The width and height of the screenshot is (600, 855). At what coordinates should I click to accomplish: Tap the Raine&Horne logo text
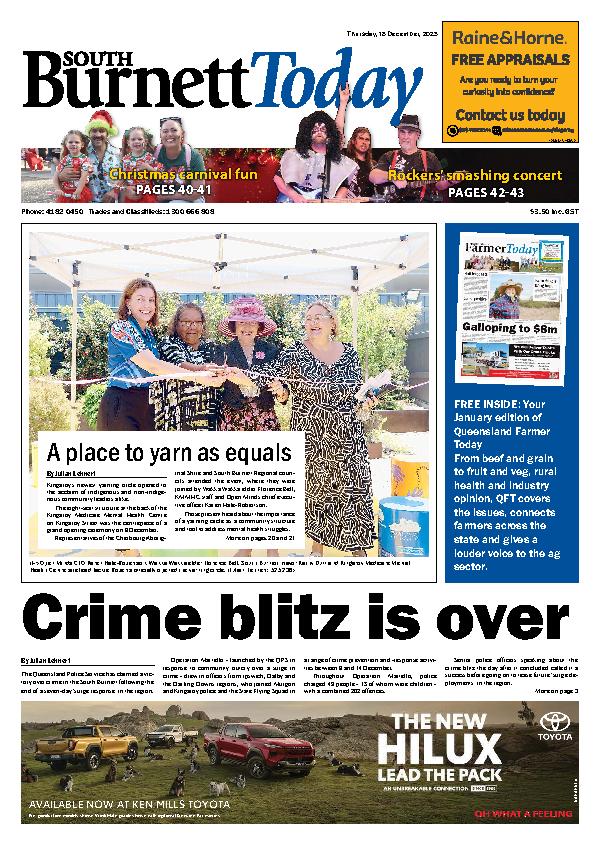click(x=510, y=38)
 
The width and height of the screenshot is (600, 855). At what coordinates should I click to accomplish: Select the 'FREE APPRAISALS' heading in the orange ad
click(x=510, y=59)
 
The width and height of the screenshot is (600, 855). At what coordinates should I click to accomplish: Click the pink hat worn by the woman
click(x=248, y=315)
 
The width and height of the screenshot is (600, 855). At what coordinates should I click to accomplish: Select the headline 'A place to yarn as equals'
click(x=169, y=450)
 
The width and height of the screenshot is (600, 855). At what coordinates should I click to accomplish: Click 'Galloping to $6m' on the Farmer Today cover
click(x=508, y=327)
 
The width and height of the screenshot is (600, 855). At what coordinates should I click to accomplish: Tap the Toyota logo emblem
click(x=553, y=722)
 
